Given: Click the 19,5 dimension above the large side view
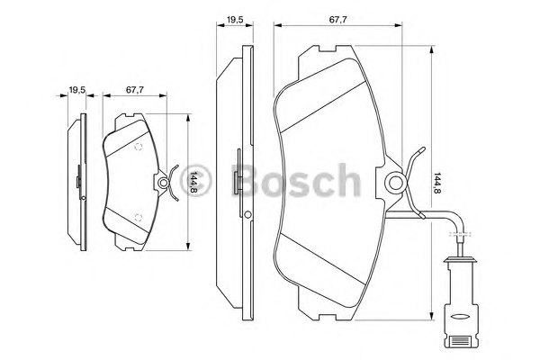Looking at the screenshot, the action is [235, 20].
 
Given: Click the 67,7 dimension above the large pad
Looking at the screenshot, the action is [337, 20].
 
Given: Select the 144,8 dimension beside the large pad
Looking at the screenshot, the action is [437, 183].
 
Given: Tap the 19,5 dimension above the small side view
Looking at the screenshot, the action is [77, 90].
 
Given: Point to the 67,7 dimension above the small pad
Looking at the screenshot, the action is [135, 90].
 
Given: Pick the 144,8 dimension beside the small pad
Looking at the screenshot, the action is [193, 182].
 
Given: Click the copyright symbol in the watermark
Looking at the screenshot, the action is [194, 181].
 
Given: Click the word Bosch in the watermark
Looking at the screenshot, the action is [295, 181].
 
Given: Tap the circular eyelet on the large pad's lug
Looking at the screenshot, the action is [395, 183].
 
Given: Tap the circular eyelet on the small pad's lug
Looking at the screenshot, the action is [163, 182].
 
